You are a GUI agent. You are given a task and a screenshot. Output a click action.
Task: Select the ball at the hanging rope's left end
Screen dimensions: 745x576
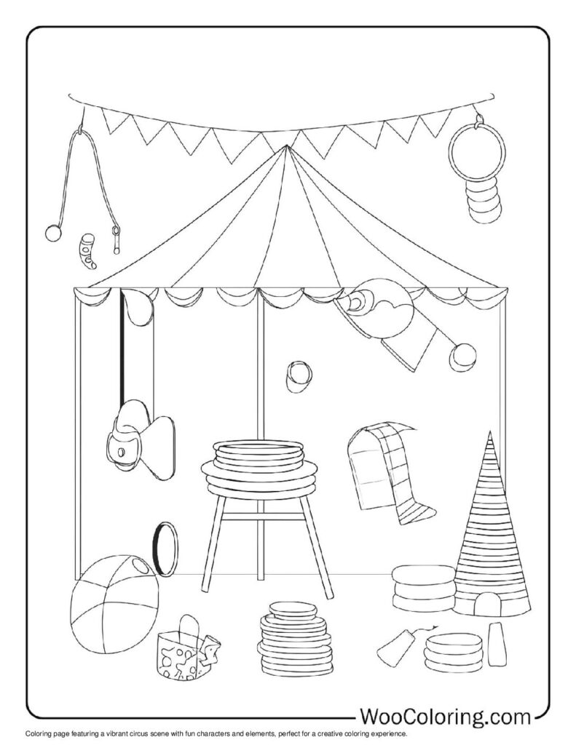[x=52, y=233]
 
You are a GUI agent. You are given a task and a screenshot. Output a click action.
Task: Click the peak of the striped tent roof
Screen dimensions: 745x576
[x=286, y=148]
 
